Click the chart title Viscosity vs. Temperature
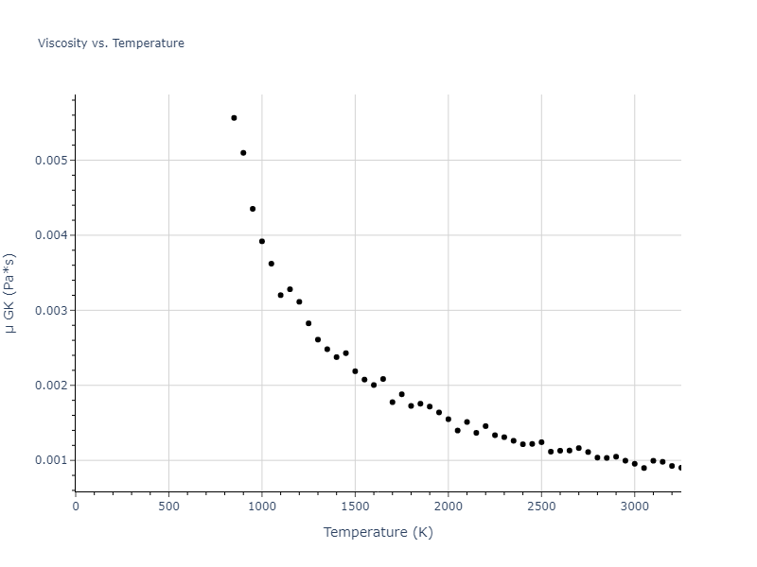point(111,43)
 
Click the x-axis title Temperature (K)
point(378,532)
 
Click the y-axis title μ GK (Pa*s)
point(10,293)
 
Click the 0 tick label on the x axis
point(76,507)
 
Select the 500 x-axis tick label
point(168,507)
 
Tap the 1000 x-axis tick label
point(262,507)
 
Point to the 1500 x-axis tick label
point(355,507)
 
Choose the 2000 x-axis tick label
point(449,507)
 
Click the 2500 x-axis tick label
point(541,507)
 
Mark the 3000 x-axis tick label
point(635,507)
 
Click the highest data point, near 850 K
point(234,118)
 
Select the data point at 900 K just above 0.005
point(243,153)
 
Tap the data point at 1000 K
point(262,241)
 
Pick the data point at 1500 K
point(355,371)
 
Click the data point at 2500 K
point(541,442)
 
